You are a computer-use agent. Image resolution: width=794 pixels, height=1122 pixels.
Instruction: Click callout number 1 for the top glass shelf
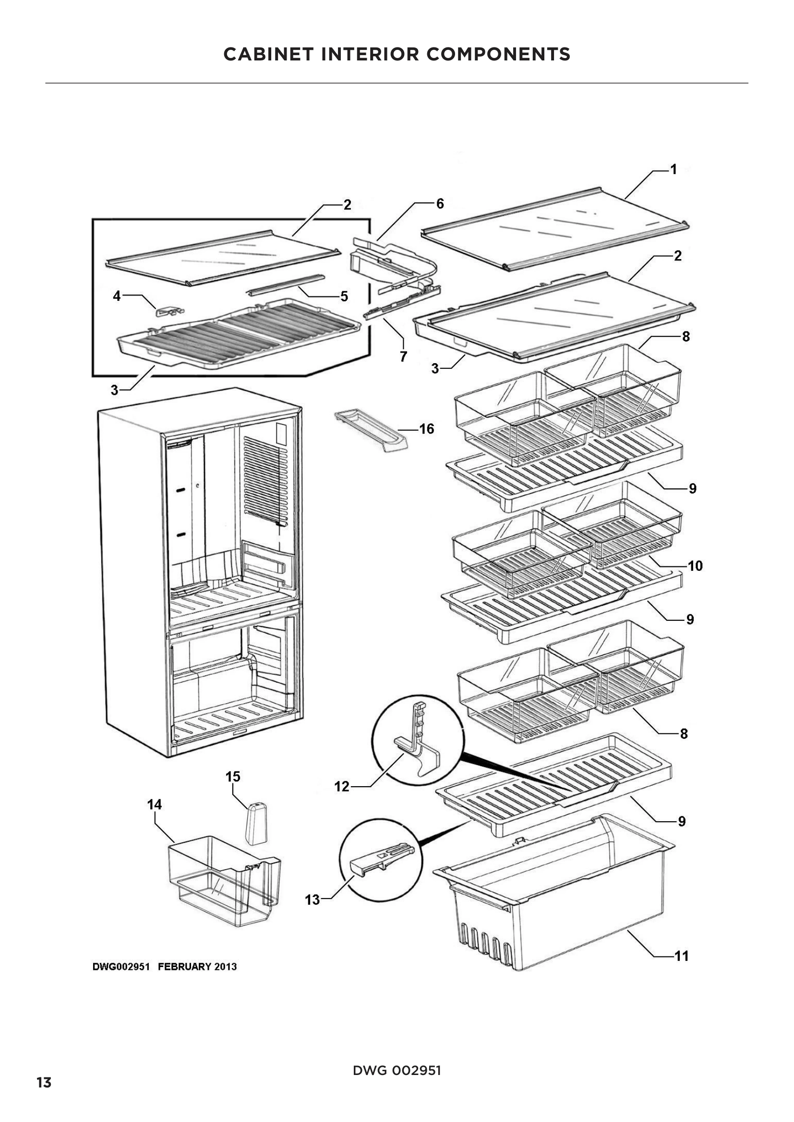pyautogui.click(x=673, y=169)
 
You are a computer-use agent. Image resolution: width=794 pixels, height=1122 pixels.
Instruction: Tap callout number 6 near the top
pyautogui.click(x=440, y=204)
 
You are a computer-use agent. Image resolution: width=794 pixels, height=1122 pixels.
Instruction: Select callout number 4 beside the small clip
pyautogui.click(x=117, y=295)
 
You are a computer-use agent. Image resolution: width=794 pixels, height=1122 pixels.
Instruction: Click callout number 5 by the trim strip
pyautogui.click(x=344, y=296)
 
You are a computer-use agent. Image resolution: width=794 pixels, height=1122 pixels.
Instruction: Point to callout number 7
pyautogui.click(x=403, y=357)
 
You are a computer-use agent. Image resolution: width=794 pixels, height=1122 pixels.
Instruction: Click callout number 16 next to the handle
pyautogui.click(x=426, y=428)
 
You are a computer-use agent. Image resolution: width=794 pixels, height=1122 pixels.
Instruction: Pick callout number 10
pyautogui.click(x=695, y=566)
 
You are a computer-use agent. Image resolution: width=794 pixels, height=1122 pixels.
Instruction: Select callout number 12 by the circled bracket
pyautogui.click(x=342, y=786)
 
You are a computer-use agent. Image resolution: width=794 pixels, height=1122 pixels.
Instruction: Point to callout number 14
pyautogui.click(x=155, y=805)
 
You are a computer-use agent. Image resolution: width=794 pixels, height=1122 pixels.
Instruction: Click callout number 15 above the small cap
pyautogui.click(x=233, y=777)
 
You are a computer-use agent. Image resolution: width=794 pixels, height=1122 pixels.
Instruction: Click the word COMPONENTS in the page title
pyautogui.click(x=498, y=54)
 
